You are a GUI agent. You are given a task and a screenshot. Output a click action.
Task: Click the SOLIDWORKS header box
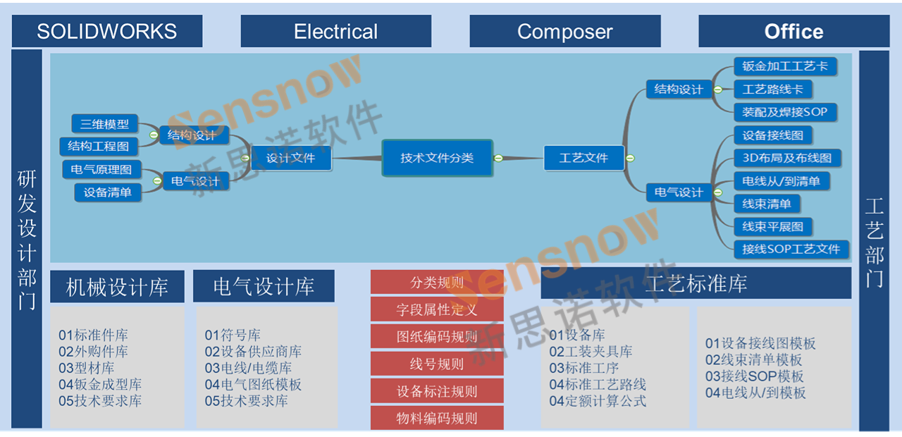tap(107, 32)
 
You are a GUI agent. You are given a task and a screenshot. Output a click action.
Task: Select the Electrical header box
tap(335, 32)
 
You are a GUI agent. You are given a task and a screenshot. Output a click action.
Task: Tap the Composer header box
tap(565, 32)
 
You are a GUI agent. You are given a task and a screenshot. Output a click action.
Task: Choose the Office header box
tap(793, 32)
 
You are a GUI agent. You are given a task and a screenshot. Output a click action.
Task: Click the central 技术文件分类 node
tap(437, 158)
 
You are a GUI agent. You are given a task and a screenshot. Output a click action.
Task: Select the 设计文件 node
tap(291, 158)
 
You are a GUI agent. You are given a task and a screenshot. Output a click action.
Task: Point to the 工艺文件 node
tap(584, 158)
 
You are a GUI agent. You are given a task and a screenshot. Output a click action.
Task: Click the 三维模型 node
tap(104, 124)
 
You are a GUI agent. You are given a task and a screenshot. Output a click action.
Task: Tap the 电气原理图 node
tap(101, 169)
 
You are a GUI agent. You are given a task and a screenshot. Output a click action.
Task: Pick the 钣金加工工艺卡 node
tap(784, 66)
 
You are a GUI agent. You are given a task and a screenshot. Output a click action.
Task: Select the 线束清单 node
tap(767, 204)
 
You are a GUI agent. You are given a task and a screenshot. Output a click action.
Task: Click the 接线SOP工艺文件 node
tap(791, 249)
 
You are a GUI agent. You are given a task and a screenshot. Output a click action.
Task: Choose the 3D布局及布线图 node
tap(786, 158)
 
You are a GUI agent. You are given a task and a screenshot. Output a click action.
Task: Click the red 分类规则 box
tap(437, 283)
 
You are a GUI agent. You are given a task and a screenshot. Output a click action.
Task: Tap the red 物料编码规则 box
tap(437, 418)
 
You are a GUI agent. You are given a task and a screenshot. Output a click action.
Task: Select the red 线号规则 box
tap(437, 364)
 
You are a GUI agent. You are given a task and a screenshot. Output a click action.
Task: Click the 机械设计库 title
tap(117, 287)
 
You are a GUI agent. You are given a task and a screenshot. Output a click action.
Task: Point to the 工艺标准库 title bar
tap(696, 283)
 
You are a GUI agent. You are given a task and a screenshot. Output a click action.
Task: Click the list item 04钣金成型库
tap(100, 384)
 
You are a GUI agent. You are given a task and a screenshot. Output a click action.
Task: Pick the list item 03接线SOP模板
tap(754, 376)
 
